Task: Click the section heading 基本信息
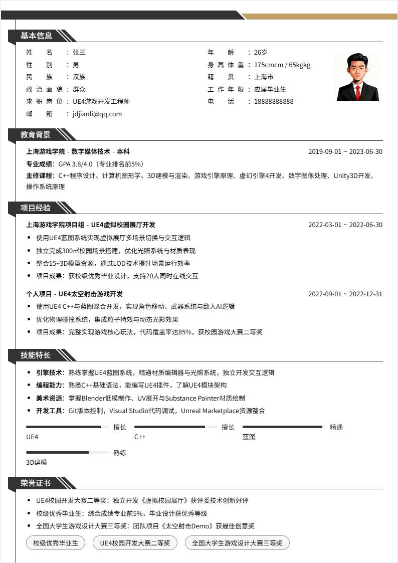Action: pyautogui.click(x=36, y=36)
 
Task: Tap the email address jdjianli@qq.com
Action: pyautogui.click(x=97, y=114)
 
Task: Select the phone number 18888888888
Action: pyautogui.click(x=274, y=101)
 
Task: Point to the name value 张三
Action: pyautogui.click(x=79, y=52)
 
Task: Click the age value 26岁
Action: pyautogui.click(x=261, y=52)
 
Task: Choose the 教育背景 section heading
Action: pyautogui.click(x=36, y=134)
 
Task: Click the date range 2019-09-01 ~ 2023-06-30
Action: pyautogui.click(x=345, y=151)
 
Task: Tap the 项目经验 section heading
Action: pyautogui.click(x=36, y=208)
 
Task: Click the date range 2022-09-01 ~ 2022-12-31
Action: pyautogui.click(x=345, y=294)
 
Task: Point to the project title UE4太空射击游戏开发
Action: pyautogui.click(x=90, y=294)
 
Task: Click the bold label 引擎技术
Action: pyautogui.click(x=49, y=372)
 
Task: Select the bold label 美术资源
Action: pyautogui.click(x=49, y=398)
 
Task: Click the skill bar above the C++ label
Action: pyautogui.click(x=175, y=427)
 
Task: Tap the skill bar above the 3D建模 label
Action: pyautogui.click(x=67, y=452)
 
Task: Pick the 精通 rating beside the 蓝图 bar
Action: pyautogui.click(x=336, y=427)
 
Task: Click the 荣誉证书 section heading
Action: pyautogui.click(x=36, y=483)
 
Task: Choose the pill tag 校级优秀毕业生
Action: pyautogui.click(x=56, y=543)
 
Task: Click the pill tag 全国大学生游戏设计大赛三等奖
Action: pyautogui.click(x=237, y=543)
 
